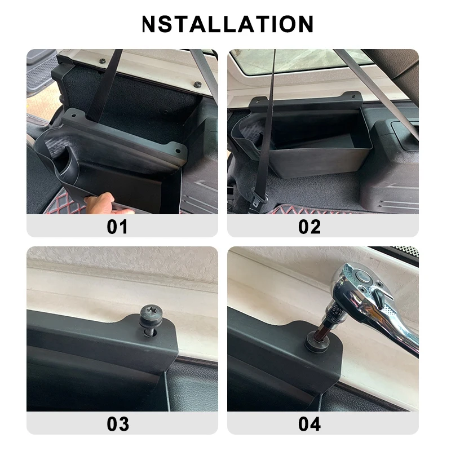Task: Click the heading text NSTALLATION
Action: coord(228,24)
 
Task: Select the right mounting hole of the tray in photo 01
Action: coord(179,152)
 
